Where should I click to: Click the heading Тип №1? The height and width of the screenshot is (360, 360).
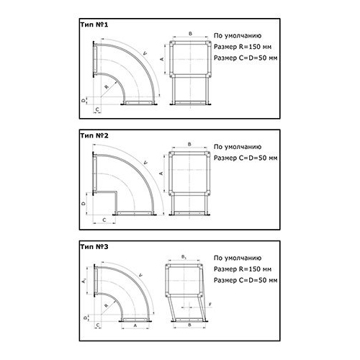pos(94,24)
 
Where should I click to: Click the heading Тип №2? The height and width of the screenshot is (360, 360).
pos(94,135)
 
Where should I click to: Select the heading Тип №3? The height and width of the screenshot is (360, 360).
pos(94,247)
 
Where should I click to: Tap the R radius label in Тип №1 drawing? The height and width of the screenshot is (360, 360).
pos(107,86)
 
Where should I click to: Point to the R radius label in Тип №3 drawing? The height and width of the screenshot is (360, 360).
pos(107,305)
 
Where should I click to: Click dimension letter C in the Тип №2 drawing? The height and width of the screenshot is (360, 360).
pos(104,220)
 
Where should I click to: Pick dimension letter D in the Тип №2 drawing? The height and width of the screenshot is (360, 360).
pos(84,204)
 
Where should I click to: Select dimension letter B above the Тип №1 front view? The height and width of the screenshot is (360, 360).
pos(190,34)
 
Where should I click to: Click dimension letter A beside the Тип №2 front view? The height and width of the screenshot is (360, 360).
pos(161,174)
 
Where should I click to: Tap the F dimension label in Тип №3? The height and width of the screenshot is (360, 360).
pos(210,305)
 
